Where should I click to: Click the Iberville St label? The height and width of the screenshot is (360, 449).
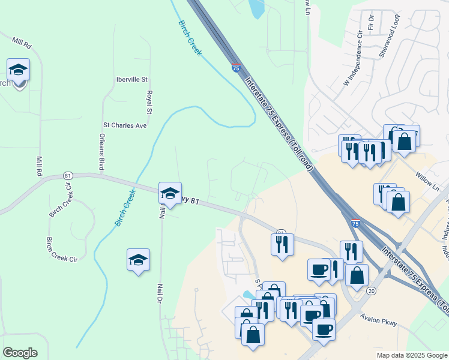[131, 79]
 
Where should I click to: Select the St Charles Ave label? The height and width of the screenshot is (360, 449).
[125, 125]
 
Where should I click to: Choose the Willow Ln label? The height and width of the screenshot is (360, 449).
[427, 180]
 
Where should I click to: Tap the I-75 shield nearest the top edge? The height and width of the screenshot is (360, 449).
[237, 68]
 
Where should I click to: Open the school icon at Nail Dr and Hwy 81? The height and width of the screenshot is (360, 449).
[170, 194]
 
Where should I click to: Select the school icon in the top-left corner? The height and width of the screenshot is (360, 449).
[18, 71]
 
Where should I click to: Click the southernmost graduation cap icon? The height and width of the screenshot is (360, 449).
[139, 260]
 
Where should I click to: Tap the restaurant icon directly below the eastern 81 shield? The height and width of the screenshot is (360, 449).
[281, 244]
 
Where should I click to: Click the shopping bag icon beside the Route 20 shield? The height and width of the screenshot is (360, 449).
[357, 275]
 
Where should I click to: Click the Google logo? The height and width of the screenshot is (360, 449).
[20, 353]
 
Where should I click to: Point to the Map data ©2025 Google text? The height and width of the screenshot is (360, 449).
[412, 355]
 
